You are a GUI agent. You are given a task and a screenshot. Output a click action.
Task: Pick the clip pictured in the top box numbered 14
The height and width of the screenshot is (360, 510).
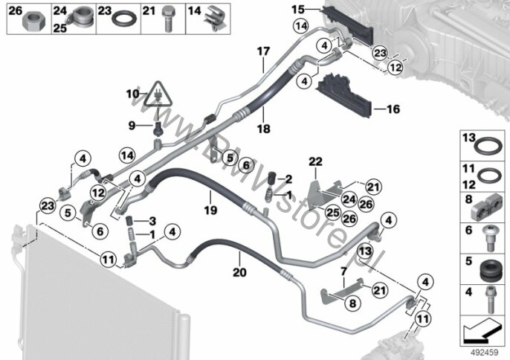tap(215, 19)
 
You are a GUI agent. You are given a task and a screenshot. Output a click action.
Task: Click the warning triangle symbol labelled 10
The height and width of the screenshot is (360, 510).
tap(158, 94)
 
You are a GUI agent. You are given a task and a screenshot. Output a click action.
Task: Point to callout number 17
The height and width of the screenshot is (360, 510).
tap(263, 51)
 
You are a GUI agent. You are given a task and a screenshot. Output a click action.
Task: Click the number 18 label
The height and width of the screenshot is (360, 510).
tap(263, 129)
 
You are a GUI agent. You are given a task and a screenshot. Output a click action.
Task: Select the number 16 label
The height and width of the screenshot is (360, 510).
tap(393, 109)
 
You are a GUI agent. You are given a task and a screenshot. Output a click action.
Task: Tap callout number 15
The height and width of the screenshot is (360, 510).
tap(298, 10)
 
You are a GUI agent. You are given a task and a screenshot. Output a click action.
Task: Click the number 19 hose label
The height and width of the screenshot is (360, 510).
tap(210, 210)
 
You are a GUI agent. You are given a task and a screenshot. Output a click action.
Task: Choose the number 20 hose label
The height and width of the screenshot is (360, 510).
tap(239, 272)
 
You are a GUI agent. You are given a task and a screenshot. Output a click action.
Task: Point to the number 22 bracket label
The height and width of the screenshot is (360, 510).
tap(315, 161)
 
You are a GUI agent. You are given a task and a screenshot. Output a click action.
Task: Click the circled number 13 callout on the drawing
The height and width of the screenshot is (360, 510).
tap(365, 251)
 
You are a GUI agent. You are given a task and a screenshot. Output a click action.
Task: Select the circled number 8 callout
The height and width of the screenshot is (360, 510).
tap(352, 303)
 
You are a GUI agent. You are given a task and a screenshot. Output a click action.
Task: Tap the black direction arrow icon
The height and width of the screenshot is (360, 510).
tap(482, 330)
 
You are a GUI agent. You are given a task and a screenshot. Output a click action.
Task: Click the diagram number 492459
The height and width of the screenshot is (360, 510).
tap(484, 353)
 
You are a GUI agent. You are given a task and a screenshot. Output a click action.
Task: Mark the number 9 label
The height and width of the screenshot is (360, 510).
tap(132, 125)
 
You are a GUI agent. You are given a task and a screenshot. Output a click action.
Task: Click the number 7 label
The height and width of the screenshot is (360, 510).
tap(343, 271)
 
